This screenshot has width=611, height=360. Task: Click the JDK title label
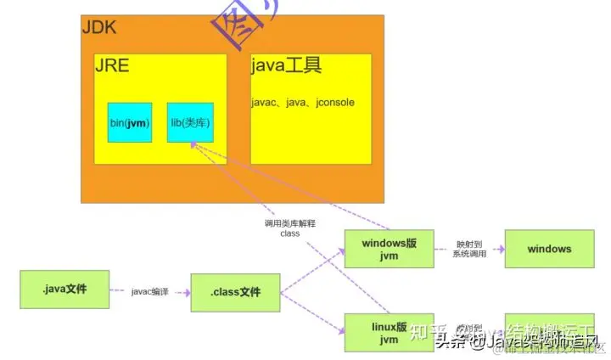(x=99, y=27)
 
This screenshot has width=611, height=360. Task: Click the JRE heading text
(x=111, y=66)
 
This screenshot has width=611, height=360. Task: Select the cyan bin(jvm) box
(x=130, y=123)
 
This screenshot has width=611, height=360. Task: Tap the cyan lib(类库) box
(x=190, y=123)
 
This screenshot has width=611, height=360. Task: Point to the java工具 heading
(x=287, y=66)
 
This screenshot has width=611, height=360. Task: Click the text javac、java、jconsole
(x=303, y=103)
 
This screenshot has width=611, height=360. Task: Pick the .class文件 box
(x=235, y=293)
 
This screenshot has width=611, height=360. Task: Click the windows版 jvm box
(x=389, y=250)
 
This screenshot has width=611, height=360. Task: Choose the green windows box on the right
(x=549, y=250)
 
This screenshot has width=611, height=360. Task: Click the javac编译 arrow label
(x=149, y=291)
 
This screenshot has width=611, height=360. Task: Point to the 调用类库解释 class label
(x=290, y=228)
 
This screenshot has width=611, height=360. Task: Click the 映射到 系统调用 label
(x=469, y=248)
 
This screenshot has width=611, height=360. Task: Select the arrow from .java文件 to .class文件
(x=150, y=292)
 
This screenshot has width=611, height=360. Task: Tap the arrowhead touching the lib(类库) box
(x=194, y=144)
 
